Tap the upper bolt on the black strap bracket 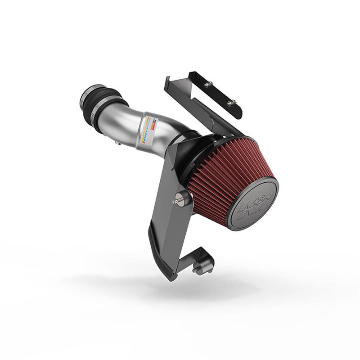pyautogui.click(x=208, y=84)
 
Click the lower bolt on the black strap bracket pyautogui.click(x=231, y=103)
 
